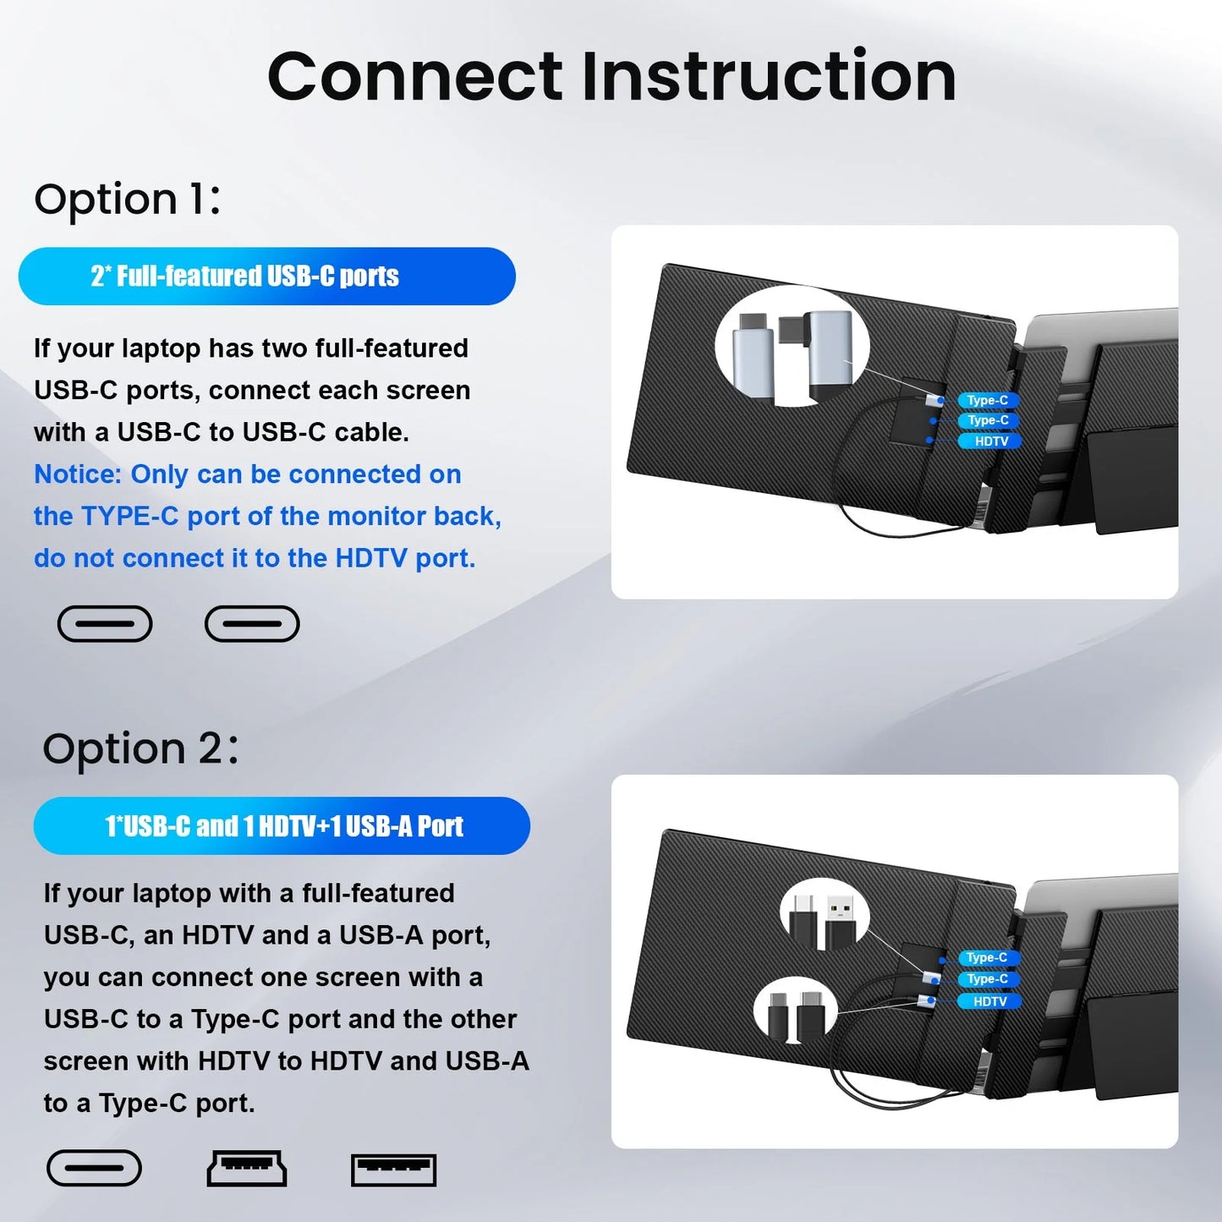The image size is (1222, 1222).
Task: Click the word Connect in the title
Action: point(414,76)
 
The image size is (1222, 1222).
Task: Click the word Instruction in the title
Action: point(769,76)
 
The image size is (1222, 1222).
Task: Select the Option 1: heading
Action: point(127,200)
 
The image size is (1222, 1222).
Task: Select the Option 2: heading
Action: point(140,749)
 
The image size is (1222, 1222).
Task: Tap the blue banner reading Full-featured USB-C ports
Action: point(266,277)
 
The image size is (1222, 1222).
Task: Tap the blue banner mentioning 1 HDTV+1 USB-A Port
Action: point(282,826)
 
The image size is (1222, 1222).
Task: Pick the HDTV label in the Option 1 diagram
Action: point(990,441)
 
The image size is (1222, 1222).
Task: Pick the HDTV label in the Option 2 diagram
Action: point(989,1001)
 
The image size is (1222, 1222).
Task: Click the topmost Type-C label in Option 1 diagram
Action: point(987,400)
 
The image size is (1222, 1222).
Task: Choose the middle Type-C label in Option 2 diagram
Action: point(987,979)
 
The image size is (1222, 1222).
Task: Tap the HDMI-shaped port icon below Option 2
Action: point(247,1170)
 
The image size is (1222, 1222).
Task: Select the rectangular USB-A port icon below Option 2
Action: point(393,1170)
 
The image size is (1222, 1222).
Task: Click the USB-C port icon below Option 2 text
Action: point(94,1170)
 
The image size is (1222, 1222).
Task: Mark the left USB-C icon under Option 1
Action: point(105,624)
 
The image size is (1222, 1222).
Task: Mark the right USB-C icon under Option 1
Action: point(252,624)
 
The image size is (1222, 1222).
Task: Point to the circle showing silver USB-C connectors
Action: point(792,346)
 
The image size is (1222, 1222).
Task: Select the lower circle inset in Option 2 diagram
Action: point(795,1011)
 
